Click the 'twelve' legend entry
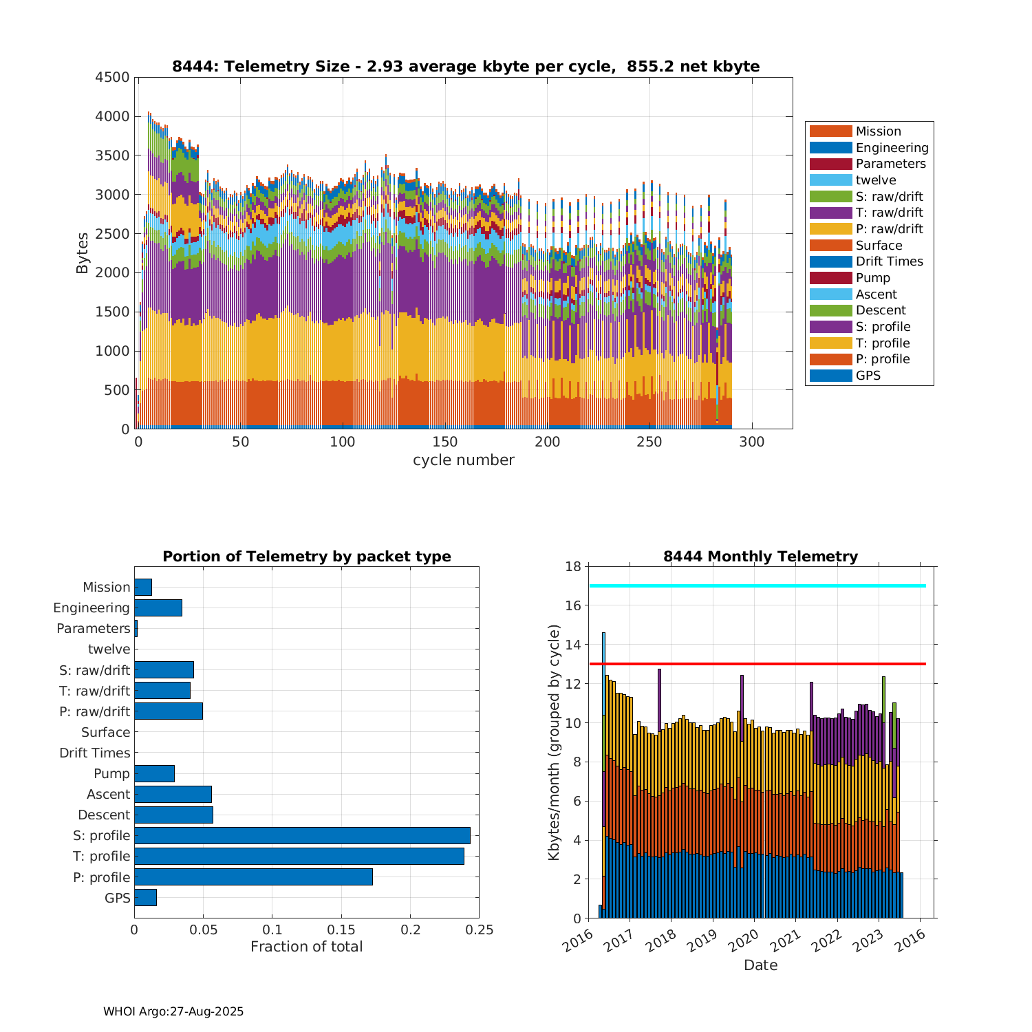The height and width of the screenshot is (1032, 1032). pyautogui.click(x=875, y=180)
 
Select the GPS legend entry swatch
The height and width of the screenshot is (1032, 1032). pyautogui.click(x=830, y=376)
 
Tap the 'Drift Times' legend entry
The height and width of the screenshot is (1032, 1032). pyautogui.click(x=889, y=261)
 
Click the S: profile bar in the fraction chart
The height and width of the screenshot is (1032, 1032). pyautogui.click(x=302, y=835)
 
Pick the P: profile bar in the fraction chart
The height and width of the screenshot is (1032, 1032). pyautogui.click(x=253, y=877)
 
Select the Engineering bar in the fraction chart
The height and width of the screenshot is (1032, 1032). pyautogui.click(x=158, y=608)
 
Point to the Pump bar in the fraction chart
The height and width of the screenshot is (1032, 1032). pyautogui.click(x=154, y=773)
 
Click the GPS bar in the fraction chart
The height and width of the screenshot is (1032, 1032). pyautogui.click(x=145, y=897)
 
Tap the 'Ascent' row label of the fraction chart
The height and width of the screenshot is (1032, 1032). pyautogui.click(x=108, y=794)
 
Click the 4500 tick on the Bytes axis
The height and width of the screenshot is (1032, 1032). pyautogui.click(x=112, y=77)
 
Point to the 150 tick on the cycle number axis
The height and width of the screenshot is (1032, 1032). pyautogui.click(x=445, y=442)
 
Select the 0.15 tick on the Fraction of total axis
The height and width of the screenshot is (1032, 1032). pyautogui.click(x=341, y=929)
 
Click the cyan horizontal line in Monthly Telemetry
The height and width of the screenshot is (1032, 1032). pyautogui.click(x=757, y=585)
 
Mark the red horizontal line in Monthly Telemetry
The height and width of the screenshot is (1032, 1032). pyautogui.click(x=757, y=664)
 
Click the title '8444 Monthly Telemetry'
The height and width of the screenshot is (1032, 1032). pyautogui.click(x=760, y=557)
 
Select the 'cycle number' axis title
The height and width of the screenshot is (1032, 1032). pyautogui.click(x=463, y=460)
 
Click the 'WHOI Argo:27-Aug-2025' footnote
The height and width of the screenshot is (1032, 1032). pyautogui.click(x=173, y=1011)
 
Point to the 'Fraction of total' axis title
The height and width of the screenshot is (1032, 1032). pyautogui.click(x=306, y=947)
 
